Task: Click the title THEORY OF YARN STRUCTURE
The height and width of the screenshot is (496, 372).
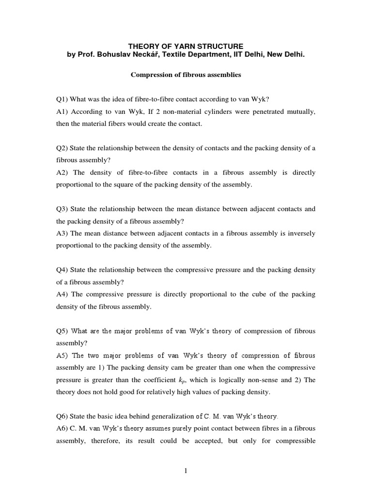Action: pyautogui.click(x=186, y=46)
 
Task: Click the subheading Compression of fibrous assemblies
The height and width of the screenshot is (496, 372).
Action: pyautogui.click(x=186, y=75)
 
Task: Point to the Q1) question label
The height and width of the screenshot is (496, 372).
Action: pyautogui.click(x=62, y=99)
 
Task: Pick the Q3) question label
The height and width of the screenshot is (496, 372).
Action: pyautogui.click(x=62, y=209)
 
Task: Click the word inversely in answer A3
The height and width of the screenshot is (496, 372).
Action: pyautogui.click(x=301, y=233)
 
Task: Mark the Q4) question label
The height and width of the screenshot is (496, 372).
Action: pyautogui.click(x=62, y=270)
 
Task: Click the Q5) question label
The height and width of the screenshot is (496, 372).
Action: pyautogui.click(x=62, y=331)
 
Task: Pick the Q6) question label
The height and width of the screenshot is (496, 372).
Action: pyautogui.click(x=62, y=417)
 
